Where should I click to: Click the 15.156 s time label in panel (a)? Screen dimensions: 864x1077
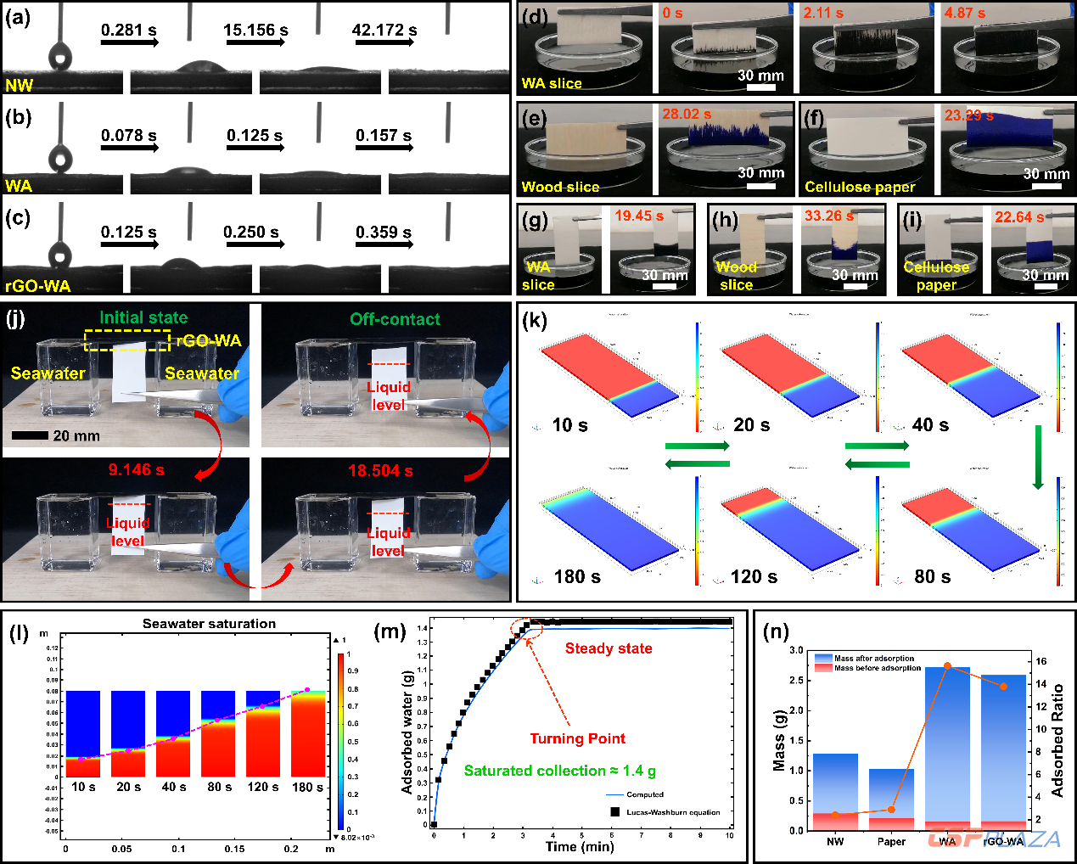point(255,31)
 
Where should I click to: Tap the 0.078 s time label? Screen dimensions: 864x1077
point(129,136)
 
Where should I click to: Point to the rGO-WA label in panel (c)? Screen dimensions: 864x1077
point(37,286)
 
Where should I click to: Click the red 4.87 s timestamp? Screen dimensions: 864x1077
point(965,14)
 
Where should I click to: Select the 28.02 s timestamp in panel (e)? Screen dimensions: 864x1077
point(687,114)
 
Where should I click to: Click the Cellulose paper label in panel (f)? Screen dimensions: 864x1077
point(860,187)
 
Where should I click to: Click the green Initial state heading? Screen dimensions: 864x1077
point(143,317)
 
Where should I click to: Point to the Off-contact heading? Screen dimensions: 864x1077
point(395,319)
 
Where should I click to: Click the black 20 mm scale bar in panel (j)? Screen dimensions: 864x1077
point(30,435)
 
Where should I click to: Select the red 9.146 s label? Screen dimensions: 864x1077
point(136,469)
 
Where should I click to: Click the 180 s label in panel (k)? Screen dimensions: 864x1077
point(577,577)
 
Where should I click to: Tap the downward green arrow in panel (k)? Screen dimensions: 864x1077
point(1037,457)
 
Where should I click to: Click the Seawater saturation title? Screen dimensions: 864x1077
point(209,624)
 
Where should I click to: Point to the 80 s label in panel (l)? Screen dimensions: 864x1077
point(219,787)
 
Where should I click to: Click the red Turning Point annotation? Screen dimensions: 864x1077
point(577,738)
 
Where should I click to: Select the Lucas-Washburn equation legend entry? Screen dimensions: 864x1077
point(673,812)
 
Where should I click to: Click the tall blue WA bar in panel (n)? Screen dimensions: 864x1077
point(947,747)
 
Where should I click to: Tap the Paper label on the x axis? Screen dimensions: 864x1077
point(891,841)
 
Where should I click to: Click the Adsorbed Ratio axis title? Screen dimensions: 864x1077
point(1057,740)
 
